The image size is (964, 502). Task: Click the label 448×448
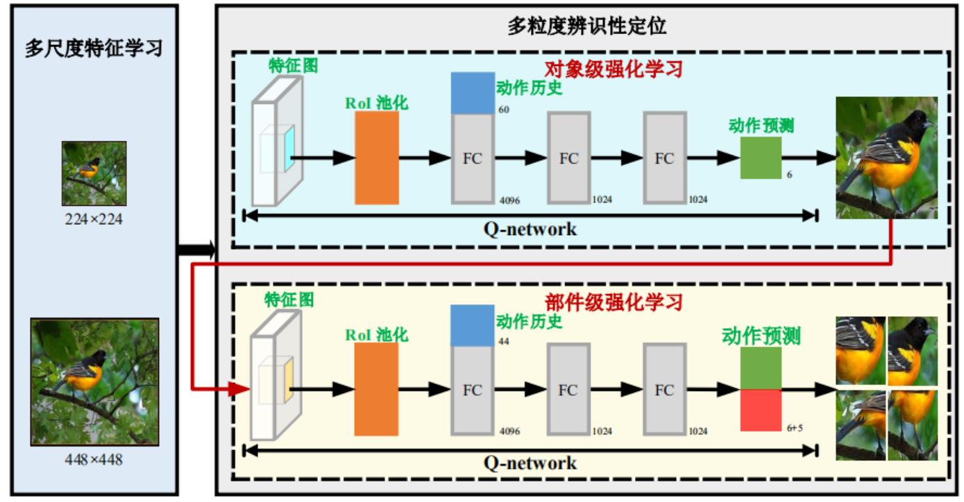point(94,460)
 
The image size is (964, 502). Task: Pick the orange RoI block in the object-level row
point(377,158)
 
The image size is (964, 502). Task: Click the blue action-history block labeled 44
point(473,326)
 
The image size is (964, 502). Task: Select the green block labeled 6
point(761,157)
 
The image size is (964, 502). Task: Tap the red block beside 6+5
point(761,409)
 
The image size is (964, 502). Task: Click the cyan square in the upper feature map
point(289,148)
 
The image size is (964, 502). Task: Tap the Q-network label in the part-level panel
point(530,463)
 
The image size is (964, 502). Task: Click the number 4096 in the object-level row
point(509,201)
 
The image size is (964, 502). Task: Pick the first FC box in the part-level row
point(473,390)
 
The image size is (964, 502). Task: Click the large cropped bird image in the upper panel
point(886,158)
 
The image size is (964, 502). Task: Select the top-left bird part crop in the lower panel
point(860,351)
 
